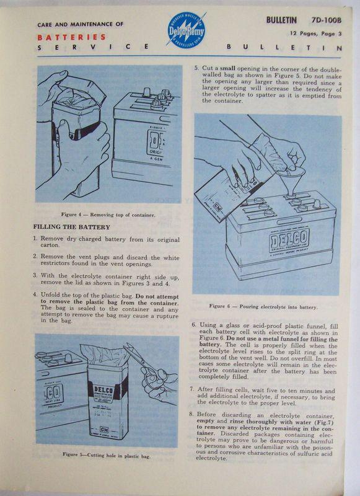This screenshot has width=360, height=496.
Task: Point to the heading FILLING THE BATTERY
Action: [x=71, y=226]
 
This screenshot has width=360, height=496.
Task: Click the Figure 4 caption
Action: [x=103, y=215]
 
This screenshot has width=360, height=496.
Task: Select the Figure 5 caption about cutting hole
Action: [x=107, y=454]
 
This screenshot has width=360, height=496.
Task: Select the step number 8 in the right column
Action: [x=193, y=414]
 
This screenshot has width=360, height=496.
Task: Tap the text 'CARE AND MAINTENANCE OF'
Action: [x=81, y=24]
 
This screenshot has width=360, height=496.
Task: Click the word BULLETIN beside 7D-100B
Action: [x=285, y=20]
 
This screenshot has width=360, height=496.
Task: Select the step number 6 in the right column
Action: [x=193, y=324]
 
